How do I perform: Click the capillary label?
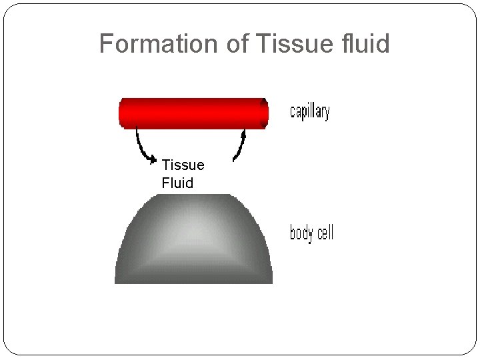tap(309, 112)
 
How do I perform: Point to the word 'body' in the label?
tap(301, 233)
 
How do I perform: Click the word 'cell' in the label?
tap(324, 233)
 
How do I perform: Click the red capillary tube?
tap(193, 113)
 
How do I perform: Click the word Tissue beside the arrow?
tap(183, 165)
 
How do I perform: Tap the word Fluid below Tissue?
tap(177, 183)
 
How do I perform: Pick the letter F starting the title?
tap(105, 44)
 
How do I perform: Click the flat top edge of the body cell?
tap(193, 195)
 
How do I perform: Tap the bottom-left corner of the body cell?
tap(117, 281)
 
